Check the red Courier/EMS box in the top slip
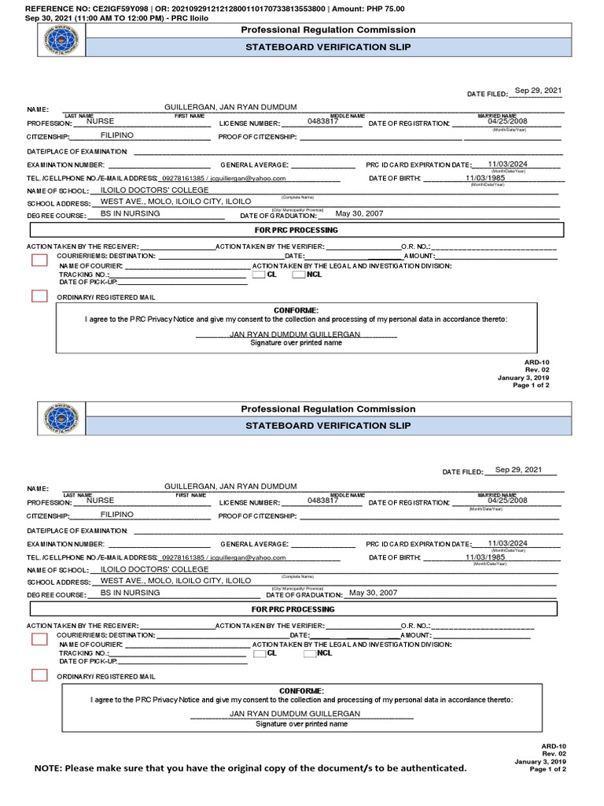pos(39,261)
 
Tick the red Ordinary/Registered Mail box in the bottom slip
pos(39,675)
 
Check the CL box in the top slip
pos(259,275)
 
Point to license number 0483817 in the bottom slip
pos(323,500)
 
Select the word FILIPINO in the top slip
pos(117,135)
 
